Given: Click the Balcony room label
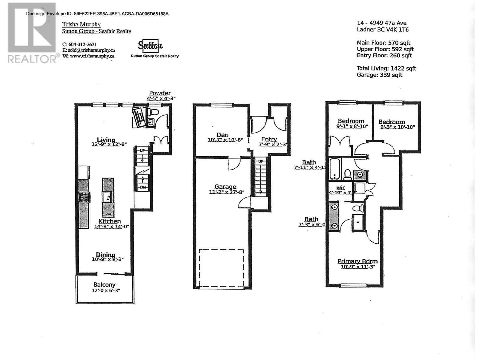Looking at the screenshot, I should [x=104, y=284].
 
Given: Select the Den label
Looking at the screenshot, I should [x=223, y=135].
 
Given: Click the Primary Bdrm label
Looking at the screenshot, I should [x=357, y=261].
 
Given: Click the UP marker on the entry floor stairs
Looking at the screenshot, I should [x=260, y=161].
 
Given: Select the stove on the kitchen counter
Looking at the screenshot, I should [x=84, y=197].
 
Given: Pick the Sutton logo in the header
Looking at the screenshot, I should [x=150, y=46].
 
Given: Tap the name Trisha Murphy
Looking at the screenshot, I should [x=81, y=24].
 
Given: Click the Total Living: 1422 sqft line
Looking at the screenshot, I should [x=386, y=68].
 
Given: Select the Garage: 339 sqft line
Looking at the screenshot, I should [x=379, y=75].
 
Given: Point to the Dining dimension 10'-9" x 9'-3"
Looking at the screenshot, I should [x=107, y=259].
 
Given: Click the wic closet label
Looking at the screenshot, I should [x=341, y=188].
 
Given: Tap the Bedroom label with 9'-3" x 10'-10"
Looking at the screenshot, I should [x=391, y=122].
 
